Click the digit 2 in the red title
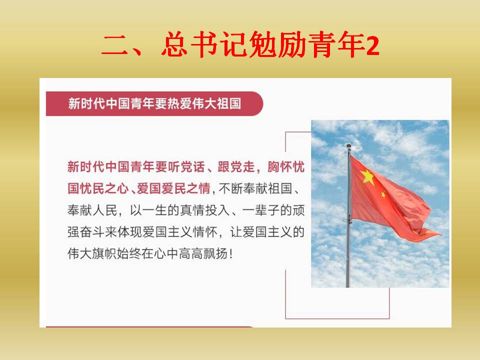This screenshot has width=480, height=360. click(x=372, y=46)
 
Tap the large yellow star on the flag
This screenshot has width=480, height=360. click(x=367, y=177)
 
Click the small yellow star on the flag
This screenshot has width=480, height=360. click(x=383, y=194)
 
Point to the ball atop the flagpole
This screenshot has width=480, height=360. click(x=348, y=145)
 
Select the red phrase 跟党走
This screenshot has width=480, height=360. click(x=236, y=167)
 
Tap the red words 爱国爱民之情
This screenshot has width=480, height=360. click(x=173, y=188)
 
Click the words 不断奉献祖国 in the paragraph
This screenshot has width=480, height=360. click(x=255, y=188)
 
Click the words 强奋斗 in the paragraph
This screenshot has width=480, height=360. click(x=86, y=232)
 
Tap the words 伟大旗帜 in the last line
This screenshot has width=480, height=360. click(x=92, y=254)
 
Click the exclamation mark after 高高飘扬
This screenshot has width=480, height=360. click(x=231, y=254)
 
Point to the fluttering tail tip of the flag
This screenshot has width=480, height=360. click(x=441, y=234)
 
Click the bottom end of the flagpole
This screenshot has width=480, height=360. click(x=347, y=287)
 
